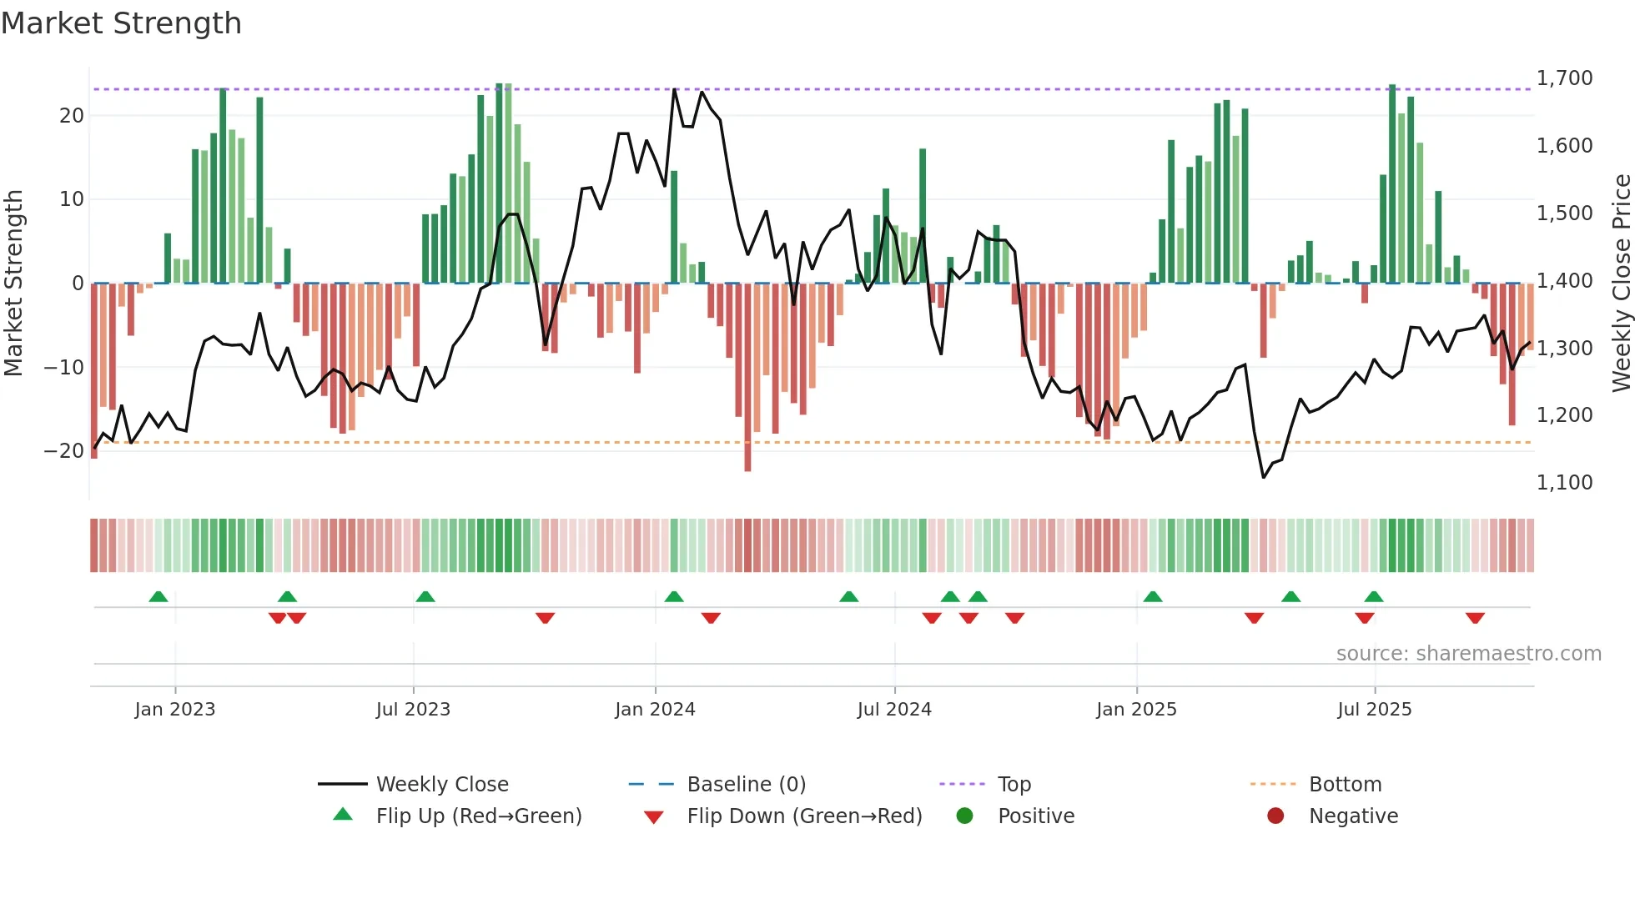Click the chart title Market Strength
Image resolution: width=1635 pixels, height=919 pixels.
121,23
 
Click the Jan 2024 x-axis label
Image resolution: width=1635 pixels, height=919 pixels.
655,710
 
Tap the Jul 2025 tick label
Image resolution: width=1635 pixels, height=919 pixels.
1374,710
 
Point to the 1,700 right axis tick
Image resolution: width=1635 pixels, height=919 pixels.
1564,78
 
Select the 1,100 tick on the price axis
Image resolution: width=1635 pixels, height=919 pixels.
1564,483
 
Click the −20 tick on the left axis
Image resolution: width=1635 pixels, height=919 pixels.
64,451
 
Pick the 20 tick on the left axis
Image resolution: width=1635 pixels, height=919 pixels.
72,116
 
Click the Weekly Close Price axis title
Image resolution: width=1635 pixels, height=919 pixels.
1621,284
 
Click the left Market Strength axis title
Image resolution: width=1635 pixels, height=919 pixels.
13,284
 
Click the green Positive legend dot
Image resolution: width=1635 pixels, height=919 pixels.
965,816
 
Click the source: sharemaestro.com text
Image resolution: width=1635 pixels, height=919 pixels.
1468,654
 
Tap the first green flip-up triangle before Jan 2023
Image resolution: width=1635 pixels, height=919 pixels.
158,596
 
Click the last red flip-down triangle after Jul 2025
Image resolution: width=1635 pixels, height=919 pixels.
1475,618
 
